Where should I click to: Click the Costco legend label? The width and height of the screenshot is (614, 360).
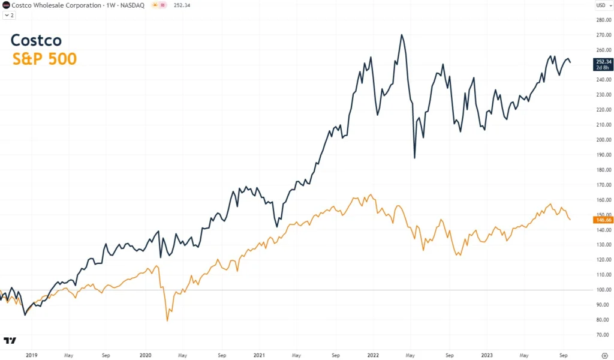36,41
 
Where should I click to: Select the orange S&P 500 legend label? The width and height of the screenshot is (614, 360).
44,59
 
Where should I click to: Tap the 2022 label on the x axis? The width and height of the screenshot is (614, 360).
372,355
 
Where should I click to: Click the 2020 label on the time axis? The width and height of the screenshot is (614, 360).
145,355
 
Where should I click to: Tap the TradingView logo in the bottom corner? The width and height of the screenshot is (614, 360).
10,340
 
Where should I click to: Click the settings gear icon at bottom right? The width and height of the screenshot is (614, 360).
604,355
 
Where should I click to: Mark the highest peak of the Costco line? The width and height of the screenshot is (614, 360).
402,35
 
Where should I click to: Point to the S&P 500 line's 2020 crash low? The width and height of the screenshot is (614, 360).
167,320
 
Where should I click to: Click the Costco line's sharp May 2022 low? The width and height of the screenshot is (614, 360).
414,158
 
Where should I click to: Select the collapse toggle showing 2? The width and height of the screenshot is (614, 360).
9,15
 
